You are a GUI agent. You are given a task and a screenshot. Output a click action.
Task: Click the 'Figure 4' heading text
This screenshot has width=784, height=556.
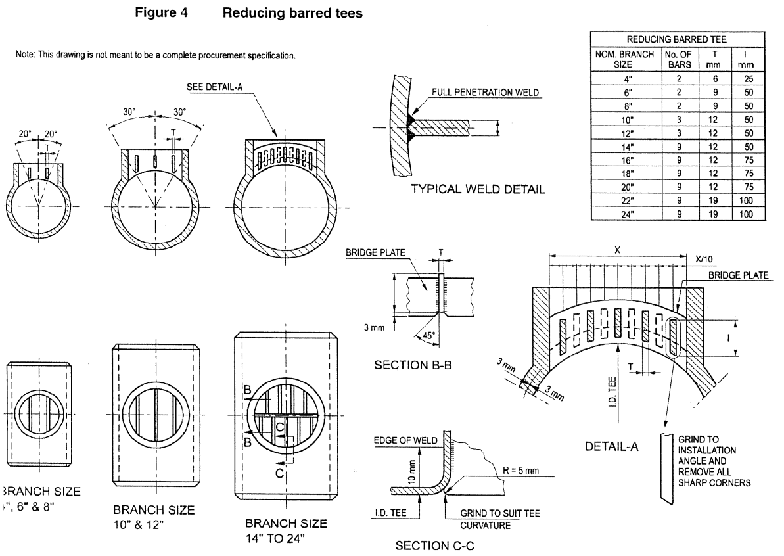[161, 13]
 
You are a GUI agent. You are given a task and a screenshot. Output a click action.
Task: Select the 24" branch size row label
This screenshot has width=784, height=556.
[627, 213]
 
